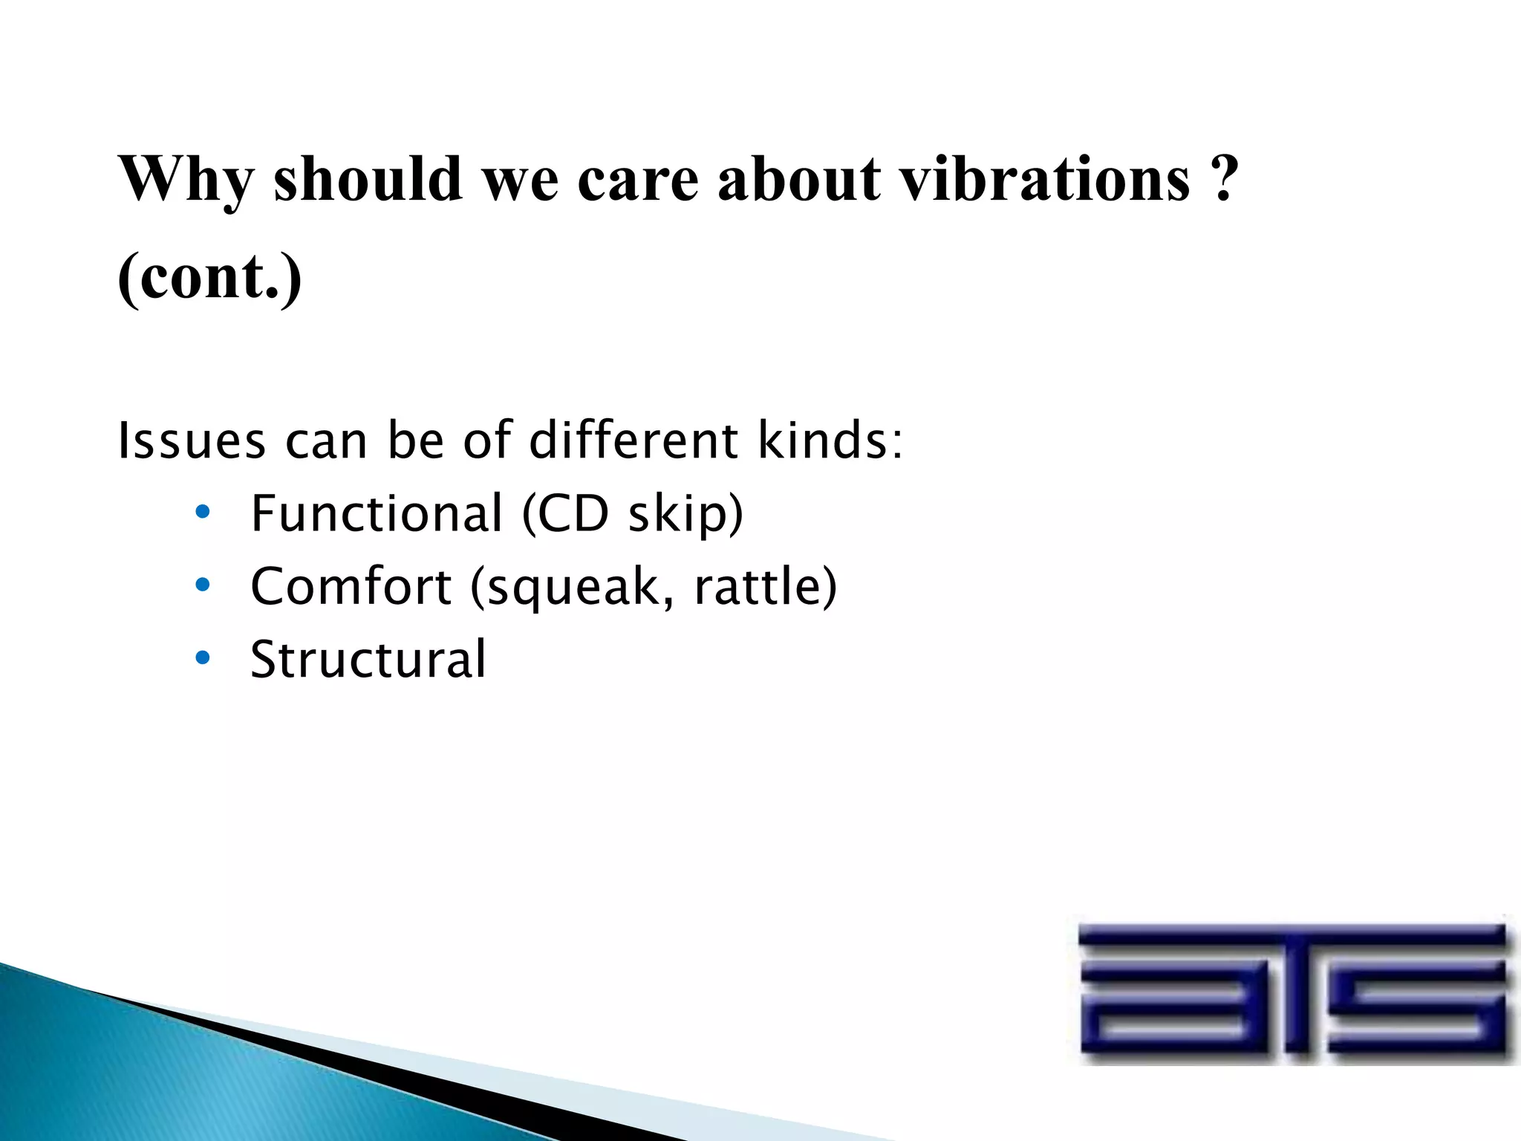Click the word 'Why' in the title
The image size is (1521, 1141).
coord(186,181)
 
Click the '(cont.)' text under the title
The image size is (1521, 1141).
coord(210,276)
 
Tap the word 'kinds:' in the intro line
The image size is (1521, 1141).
coord(830,441)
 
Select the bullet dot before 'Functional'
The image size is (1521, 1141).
coord(202,513)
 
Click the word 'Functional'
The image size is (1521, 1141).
coord(377,513)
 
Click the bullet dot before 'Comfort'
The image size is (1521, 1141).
coord(202,586)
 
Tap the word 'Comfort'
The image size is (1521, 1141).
coord(351,586)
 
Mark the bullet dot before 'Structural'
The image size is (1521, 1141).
coord(202,658)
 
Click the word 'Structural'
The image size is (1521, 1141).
coord(368,659)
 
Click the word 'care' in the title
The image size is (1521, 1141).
coord(637,181)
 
